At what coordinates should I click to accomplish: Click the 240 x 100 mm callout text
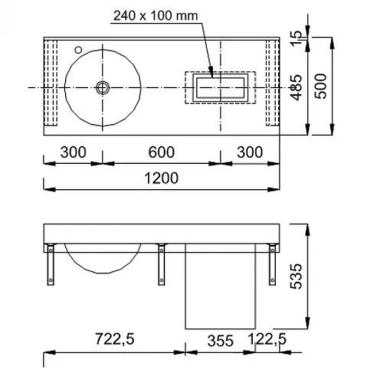155,16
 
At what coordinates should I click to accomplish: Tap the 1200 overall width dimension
162,178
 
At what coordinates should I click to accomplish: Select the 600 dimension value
162,152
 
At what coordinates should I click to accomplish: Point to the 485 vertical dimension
296,87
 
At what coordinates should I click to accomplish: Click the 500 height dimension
320,86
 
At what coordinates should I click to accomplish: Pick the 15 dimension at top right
296,38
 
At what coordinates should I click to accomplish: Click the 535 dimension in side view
296,276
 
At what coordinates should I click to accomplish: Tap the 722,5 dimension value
115,339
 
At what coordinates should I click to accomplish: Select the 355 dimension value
221,341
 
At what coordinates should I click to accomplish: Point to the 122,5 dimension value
267,339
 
